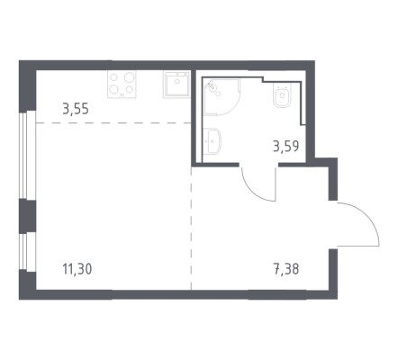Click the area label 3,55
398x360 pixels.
click(76, 109)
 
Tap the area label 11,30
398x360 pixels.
click(77, 269)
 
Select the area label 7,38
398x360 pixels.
click(286, 269)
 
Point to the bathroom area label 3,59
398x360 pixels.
click(286, 147)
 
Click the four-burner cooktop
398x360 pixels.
click(122, 85)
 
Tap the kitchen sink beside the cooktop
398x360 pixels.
click(176, 85)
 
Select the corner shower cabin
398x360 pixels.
click(222, 97)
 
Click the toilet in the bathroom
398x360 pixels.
click(282, 94)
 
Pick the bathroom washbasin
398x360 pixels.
click(212, 141)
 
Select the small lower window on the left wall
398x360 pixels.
click(27, 252)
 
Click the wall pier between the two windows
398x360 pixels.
click(27, 216)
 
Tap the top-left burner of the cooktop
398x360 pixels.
click(113, 77)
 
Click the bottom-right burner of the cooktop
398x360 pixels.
click(130, 89)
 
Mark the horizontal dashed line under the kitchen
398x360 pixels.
click(113, 123)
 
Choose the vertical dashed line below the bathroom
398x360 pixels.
click(191, 229)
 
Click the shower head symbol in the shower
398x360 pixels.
click(213, 86)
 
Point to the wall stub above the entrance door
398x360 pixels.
click(333, 179)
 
